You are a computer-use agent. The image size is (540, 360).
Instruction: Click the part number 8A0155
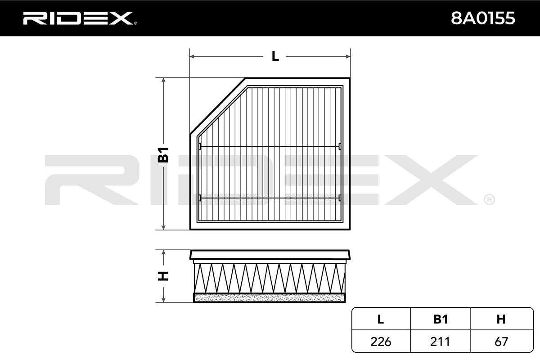click(x=483, y=18)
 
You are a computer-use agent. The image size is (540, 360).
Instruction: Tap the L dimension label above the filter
click(x=275, y=57)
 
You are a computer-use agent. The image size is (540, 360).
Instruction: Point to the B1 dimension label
click(x=163, y=154)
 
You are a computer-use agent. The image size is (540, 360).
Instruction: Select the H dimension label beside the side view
click(x=163, y=275)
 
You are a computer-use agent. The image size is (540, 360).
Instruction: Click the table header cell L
click(x=381, y=319)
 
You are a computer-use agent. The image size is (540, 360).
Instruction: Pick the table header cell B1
click(x=441, y=319)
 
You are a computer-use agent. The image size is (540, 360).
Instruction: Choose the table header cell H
click(x=500, y=319)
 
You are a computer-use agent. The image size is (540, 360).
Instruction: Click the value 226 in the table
click(x=381, y=342)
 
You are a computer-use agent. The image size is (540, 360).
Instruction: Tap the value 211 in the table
click(x=441, y=342)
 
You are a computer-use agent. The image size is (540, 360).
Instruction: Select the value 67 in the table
click(x=500, y=342)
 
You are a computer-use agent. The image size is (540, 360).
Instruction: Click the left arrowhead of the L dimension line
click(x=192, y=57)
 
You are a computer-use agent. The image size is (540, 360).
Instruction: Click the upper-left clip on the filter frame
click(x=200, y=146)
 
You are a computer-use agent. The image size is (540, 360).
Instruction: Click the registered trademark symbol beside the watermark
click(x=489, y=198)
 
